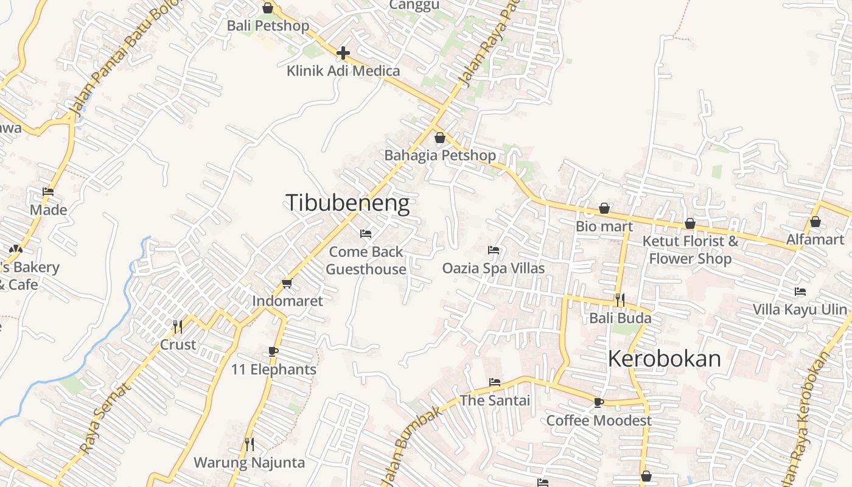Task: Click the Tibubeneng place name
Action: (347, 203)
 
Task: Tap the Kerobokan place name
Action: (664, 359)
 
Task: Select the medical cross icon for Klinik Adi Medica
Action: (343, 53)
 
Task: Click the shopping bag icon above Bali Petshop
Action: (268, 8)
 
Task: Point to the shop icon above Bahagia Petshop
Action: (439, 138)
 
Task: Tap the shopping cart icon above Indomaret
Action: (287, 283)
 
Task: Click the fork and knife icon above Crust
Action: (178, 327)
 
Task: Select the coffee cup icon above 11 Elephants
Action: (273, 351)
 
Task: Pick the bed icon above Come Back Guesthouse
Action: (366, 233)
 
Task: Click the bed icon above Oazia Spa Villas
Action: (494, 250)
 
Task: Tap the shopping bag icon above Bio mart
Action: (604, 209)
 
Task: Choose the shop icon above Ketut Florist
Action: (690, 224)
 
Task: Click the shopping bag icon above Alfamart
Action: (815, 222)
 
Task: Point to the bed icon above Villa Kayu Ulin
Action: (800, 292)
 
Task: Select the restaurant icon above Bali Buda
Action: (620, 300)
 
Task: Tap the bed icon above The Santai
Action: (495, 382)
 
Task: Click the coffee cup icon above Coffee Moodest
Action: (599, 402)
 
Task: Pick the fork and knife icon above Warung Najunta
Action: (250, 444)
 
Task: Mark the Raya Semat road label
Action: (105, 418)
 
